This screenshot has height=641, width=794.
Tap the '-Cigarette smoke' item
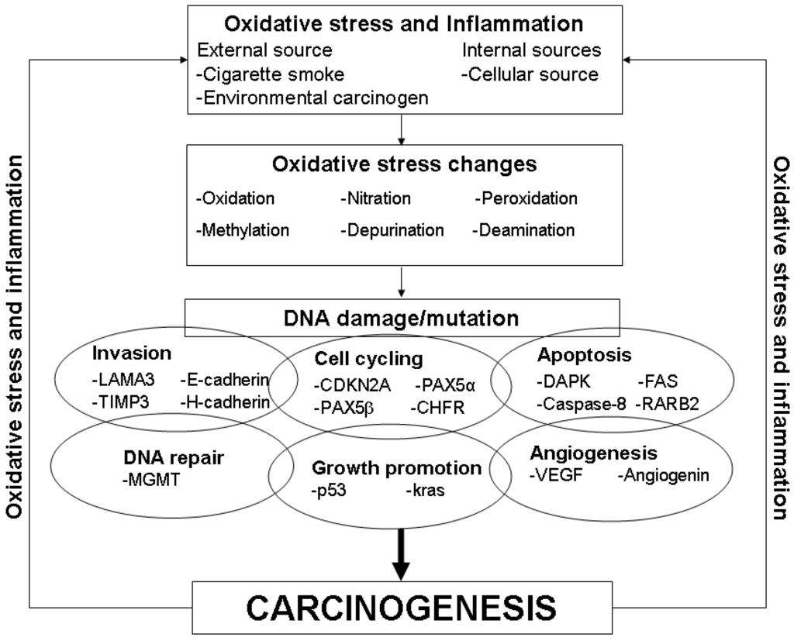click(271, 74)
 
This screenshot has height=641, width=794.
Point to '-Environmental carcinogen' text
click(312, 98)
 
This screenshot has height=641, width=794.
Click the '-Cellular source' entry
click(530, 74)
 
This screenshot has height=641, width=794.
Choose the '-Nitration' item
click(375, 198)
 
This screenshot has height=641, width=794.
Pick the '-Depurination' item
click(392, 230)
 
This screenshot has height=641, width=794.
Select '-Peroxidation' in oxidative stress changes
click(525, 198)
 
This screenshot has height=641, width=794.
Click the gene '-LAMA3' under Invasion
click(119, 381)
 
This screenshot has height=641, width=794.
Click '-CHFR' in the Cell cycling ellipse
click(438, 407)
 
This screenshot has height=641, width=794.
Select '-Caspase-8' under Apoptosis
click(582, 402)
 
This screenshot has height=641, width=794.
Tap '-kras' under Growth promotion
click(424, 491)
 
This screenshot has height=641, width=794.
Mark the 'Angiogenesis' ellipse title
click(594, 453)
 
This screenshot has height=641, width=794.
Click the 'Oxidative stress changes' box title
click(404, 165)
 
